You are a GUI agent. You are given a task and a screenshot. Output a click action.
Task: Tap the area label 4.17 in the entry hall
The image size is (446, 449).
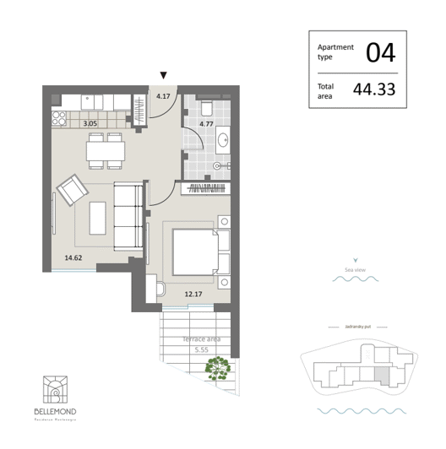point(163,95)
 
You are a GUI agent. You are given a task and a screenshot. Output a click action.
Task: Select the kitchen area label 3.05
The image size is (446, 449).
point(90,124)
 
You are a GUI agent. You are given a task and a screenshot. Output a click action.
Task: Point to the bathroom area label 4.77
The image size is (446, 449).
point(205,125)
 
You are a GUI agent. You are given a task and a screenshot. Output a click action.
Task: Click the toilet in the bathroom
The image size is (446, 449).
point(206,104)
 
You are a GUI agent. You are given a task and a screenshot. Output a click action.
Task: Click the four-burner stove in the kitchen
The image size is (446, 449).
point(59,117)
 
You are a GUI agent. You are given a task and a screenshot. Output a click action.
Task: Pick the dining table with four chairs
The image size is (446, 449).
point(106,150)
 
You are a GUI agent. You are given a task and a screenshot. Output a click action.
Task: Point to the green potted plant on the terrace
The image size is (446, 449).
point(220,368)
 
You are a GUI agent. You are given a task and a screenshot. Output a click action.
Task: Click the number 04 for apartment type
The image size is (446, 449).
point(379,53)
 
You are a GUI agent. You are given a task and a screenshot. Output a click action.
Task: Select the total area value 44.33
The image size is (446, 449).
point(380,88)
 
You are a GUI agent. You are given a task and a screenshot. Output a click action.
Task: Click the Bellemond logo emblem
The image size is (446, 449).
point(55,390)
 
